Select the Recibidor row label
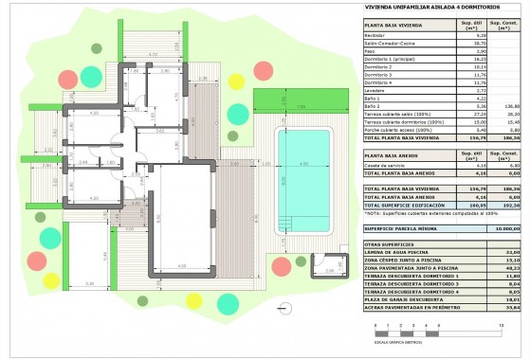[379, 35]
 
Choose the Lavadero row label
[378, 90]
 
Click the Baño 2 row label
[375, 106]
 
